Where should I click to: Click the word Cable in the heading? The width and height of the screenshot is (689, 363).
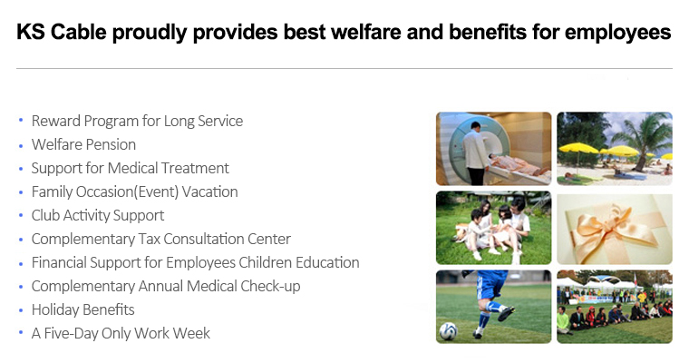point(78,32)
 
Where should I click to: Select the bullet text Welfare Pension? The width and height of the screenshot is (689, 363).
point(83,145)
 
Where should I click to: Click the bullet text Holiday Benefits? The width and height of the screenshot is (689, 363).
point(83,309)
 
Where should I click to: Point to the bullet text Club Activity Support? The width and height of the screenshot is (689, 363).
point(98,216)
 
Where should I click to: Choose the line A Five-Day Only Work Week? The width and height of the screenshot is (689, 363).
point(121,334)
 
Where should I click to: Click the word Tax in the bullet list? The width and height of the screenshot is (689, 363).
point(149,239)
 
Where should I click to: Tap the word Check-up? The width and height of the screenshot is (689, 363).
point(270,287)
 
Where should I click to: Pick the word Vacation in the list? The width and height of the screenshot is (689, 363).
point(209,191)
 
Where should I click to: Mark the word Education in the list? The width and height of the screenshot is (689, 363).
point(327,262)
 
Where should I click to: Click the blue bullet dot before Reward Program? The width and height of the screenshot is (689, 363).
point(21,120)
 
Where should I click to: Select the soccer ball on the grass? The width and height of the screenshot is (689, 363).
point(448,331)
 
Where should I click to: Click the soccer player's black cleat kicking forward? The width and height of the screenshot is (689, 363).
point(506,313)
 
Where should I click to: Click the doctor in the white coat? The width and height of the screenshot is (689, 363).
point(476,152)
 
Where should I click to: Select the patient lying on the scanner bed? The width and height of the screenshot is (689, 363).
point(519,164)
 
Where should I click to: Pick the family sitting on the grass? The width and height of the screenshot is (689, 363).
point(494,228)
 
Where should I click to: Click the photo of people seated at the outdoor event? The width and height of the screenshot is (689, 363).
point(615,307)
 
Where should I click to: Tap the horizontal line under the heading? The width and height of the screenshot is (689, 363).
point(344,69)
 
